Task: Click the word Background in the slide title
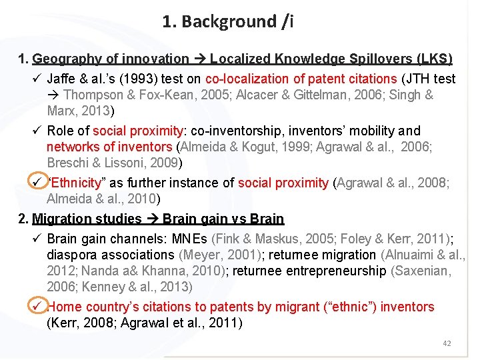tap(228, 22)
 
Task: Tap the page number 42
tap(447, 343)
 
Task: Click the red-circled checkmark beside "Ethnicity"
tap(38, 182)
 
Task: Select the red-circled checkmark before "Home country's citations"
tap(38, 306)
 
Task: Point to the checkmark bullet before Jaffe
tap(38, 79)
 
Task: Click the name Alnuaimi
tap(412, 255)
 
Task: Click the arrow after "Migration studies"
tap(153, 219)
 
